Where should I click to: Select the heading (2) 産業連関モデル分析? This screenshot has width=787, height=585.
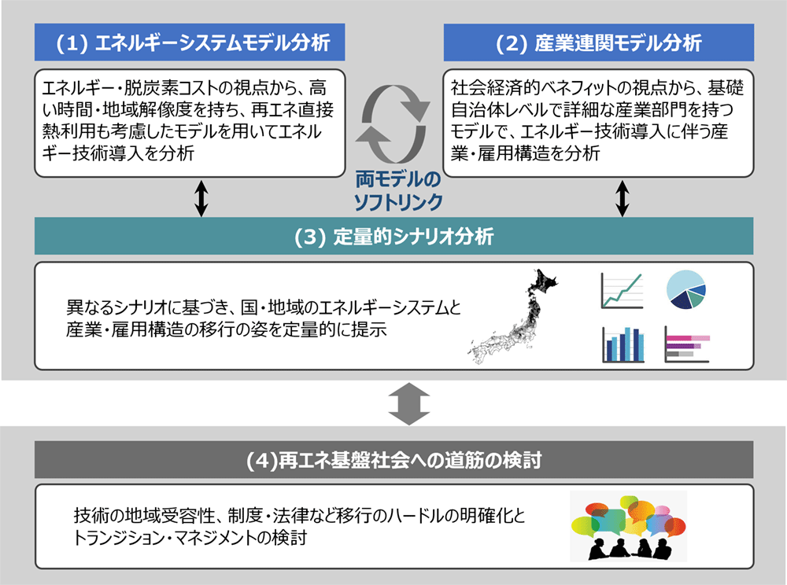tap(598, 42)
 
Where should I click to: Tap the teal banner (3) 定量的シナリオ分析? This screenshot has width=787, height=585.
tap(393, 236)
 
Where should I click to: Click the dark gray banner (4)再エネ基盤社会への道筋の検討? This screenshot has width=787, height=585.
tap(393, 460)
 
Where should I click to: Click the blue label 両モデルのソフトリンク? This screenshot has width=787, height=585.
tap(398, 191)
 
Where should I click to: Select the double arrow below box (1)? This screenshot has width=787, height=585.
tap(201, 198)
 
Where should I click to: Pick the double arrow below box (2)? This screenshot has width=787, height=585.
tap(623, 198)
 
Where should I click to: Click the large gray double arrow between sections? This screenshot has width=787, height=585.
tap(409, 404)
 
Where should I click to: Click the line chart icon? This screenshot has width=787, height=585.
tap(622, 291)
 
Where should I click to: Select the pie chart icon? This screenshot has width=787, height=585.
tap(685, 289)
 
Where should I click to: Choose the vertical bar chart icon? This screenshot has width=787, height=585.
tap(623, 344)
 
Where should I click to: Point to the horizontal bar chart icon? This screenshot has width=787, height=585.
tap(687, 344)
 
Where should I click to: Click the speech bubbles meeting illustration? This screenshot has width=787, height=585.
tap(628, 526)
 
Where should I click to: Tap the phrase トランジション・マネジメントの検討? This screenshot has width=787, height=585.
tap(190, 537)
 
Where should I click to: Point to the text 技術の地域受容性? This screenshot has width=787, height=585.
tap(141, 515)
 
